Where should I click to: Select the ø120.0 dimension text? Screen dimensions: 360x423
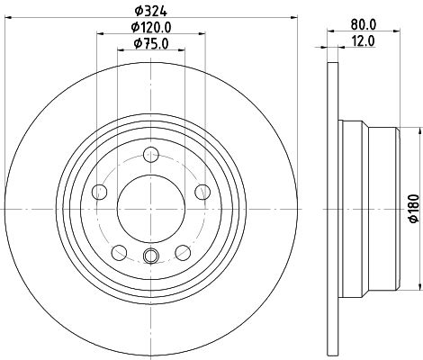tap(150, 28)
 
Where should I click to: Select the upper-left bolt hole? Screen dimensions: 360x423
tap(100, 190)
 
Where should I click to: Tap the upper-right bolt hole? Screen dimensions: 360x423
tap(202, 190)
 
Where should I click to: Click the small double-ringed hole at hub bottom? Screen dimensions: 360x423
tap(151, 256)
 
